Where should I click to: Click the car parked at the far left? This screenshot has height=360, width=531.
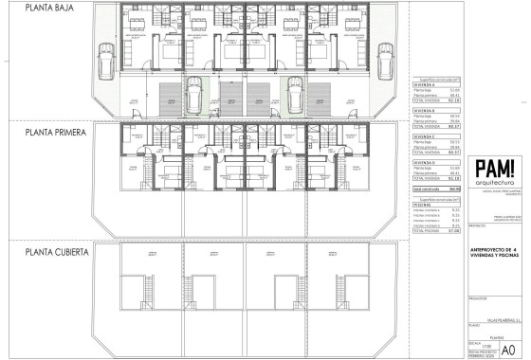[108, 61]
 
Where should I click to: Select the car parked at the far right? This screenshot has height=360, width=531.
[385, 58]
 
